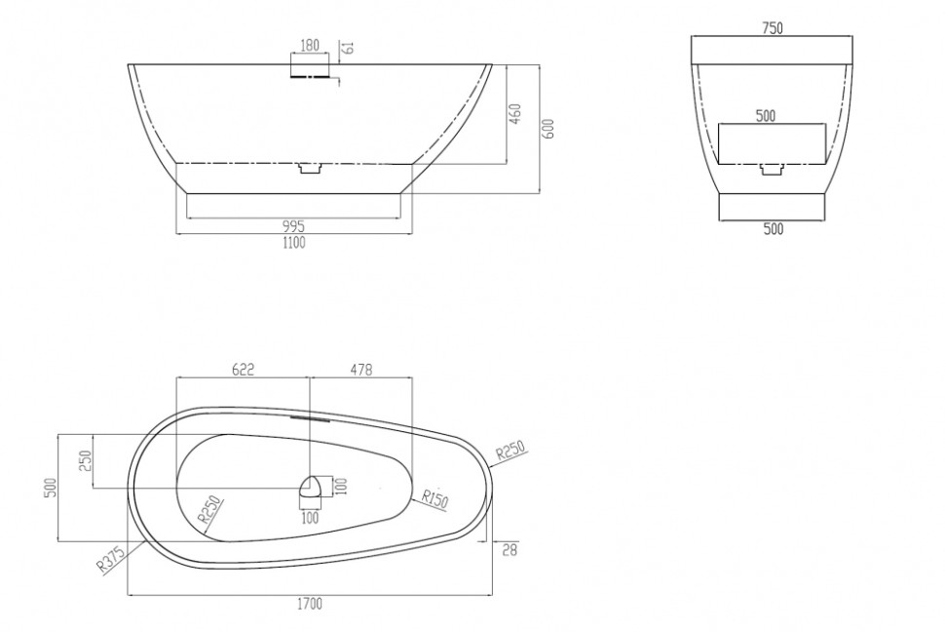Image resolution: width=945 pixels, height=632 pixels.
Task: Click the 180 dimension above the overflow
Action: [x=309, y=45]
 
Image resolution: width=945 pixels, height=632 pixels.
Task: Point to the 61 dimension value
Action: [x=349, y=47]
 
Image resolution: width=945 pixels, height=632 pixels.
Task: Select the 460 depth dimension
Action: [x=516, y=113]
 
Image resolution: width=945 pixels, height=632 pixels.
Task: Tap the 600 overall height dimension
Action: [x=549, y=128]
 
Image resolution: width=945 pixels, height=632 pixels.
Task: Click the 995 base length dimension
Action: [x=293, y=226]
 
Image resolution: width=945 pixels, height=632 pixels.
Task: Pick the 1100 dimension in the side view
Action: [x=293, y=243]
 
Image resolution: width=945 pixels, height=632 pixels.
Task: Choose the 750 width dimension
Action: [x=773, y=27]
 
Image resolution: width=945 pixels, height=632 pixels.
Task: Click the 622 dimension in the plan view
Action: [x=243, y=369]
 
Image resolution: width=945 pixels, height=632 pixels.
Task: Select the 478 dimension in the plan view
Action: [x=361, y=369]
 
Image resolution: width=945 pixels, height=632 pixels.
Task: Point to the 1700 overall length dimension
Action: [x=310, y=603]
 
